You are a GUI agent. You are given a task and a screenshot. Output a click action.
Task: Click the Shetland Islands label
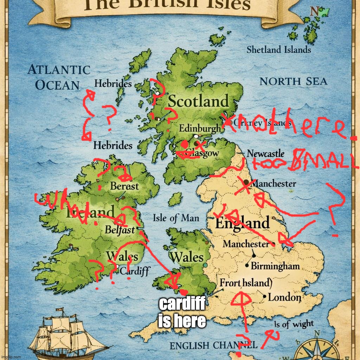[x=278, y=50]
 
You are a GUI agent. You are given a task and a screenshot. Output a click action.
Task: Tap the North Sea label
[x=293, y=82]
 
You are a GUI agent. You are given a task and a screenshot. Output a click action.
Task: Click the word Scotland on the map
[x=198, y=101]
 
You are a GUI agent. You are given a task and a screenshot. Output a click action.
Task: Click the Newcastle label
[x=265, y=154]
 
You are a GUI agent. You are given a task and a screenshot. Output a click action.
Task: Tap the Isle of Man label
[x=176, y=218]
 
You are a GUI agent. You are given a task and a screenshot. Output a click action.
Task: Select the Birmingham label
[x=275, y=266]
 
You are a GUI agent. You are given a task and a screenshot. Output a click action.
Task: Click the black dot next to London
[x=265, y=297]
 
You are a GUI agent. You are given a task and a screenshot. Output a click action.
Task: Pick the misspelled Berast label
[x=125, y=186]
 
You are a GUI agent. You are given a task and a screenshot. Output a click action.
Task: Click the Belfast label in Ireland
[x=120, y=230]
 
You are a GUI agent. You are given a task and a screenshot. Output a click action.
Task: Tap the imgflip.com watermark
[x=11, y=357]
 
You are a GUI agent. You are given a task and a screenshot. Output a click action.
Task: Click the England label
[x=242, y=223]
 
